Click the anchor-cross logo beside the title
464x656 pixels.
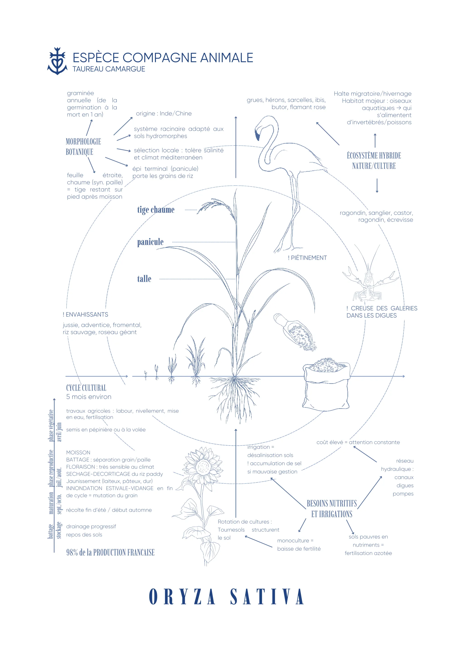[57, 61]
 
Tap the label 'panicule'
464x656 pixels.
[150, 242]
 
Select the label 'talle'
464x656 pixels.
[144, 279]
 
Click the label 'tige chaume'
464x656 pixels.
[156, 210]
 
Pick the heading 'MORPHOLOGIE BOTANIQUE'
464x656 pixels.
[83, 147]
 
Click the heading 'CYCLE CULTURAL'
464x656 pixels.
[86, 388]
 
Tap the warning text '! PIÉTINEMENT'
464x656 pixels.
[307, 258]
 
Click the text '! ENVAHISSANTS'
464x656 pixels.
[85, 314]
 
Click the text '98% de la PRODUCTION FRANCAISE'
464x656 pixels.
[110, 553]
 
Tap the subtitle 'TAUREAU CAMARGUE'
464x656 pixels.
[109, 69]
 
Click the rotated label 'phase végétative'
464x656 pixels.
[51, 426]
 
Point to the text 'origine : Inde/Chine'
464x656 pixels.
[164, 114]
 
